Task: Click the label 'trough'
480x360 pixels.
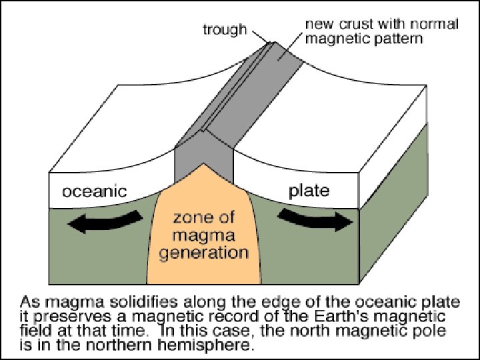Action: (x=225, y=30)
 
